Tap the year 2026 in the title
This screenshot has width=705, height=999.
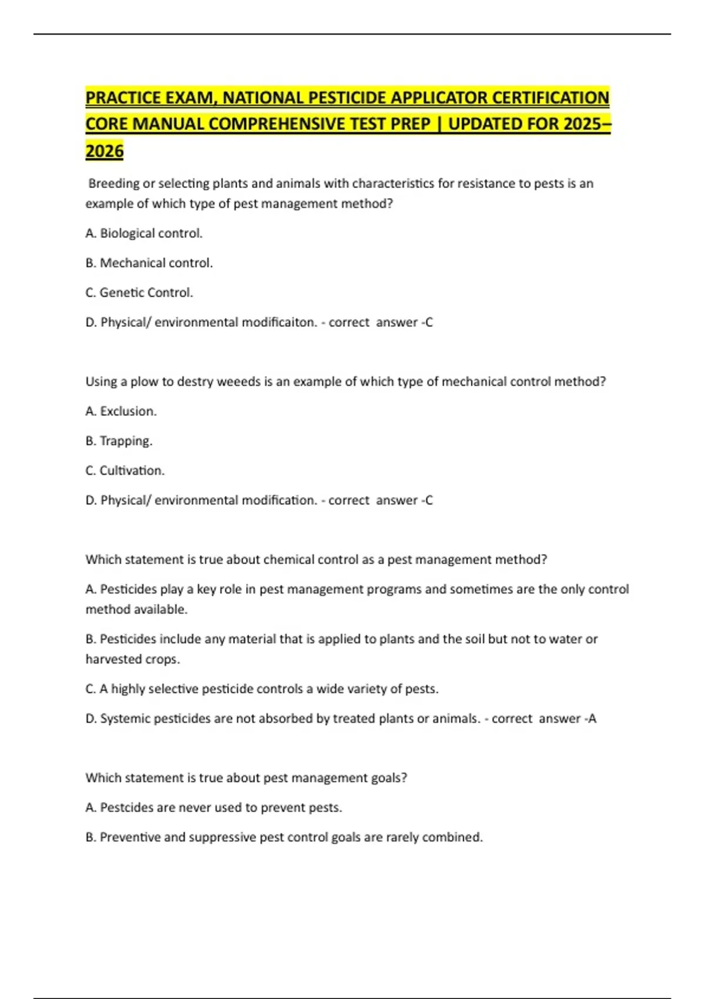[105, 151]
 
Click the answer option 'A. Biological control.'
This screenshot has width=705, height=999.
[144, 233]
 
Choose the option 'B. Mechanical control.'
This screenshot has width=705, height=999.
[149, 263]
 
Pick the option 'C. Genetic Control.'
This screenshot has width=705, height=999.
[139, 293]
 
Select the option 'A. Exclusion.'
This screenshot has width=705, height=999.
[121, 411]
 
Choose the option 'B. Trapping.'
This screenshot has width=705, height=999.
[119, 441]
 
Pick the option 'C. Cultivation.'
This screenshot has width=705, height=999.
[125, 471]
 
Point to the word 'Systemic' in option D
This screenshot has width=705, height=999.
[125, 719]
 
